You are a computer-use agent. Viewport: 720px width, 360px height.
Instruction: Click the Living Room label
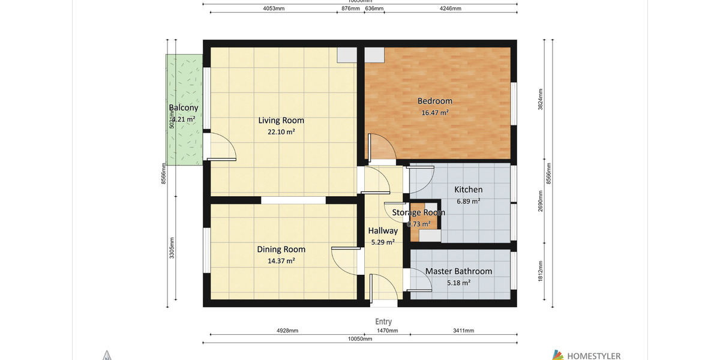(281, 120)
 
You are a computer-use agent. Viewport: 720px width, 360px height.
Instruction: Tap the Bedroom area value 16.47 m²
(435, 112)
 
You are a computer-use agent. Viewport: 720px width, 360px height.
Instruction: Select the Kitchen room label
(468, 190)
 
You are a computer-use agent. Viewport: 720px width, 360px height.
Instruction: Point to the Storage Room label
(418, 212)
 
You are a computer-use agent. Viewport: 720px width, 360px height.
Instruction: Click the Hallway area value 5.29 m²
(382, 242)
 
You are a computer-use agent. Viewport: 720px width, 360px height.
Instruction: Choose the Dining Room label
(281, 249)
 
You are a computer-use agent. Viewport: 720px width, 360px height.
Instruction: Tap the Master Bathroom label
(458, 271)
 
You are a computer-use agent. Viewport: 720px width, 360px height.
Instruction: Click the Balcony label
(183, 108)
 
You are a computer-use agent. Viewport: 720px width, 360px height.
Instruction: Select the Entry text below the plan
(383, 322)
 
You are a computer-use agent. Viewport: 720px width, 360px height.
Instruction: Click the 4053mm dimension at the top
(274, 9)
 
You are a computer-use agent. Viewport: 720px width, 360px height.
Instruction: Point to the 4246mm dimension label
(450, 9)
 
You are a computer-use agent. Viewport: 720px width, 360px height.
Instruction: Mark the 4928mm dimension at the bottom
(287, 331)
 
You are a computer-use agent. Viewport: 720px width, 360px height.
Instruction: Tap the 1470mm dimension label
(388, 331)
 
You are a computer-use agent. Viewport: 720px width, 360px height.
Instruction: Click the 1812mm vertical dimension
(541, 271)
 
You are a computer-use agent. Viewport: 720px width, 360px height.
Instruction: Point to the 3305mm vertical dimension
(172, 248)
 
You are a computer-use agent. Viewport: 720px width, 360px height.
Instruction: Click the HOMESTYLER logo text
(593, 356)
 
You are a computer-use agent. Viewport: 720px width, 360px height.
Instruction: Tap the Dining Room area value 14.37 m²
(281, 260)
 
